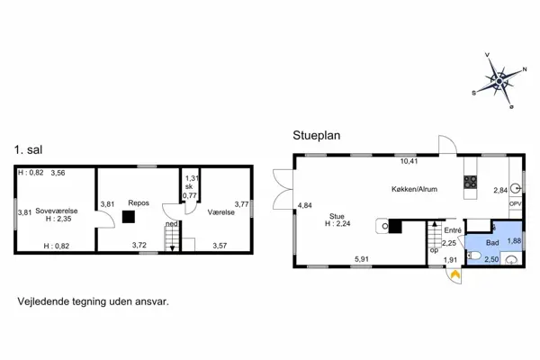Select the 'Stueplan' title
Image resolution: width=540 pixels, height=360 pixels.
pyautogui.click(x=317, y=136)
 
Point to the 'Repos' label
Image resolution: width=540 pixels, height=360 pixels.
pyautogui.click(x=138, y=203)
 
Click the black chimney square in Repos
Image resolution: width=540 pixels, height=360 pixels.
pyautogui.click(x=130, y=216)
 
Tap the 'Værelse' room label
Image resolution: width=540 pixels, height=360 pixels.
pyautogui.click(x=221, y=212)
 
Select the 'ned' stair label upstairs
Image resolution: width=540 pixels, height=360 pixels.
pyautogui.click(x=171, y=225)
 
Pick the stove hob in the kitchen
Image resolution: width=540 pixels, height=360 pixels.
pyautogui.click(x=470, y=183)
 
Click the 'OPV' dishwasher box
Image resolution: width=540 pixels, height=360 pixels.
pyautogui.click(x=515, y=204)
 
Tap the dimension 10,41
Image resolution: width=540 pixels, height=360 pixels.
pyautogui.click(x=409, y=162)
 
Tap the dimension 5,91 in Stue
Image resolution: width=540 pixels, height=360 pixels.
pyautogui.click(x=362, y=260)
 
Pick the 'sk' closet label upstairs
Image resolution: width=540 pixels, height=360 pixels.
pyautogui.click(x=189, y=186)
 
